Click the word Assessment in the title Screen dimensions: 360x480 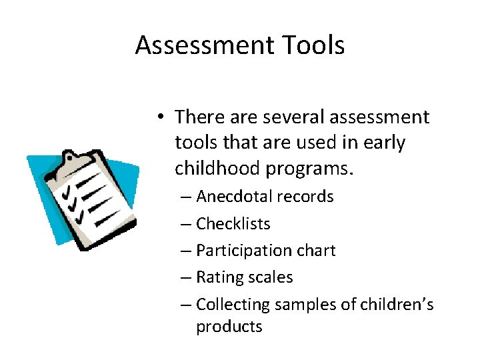tap(205, 45)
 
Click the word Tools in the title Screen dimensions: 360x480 tap(313, 45)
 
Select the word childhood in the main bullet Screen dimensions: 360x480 tap(217, 169)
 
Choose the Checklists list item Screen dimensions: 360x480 tap(233, 223)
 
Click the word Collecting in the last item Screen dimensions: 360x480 tap(231, 305)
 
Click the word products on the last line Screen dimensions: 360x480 tap(229, 327)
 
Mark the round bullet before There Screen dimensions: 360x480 tap(161, 118)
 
